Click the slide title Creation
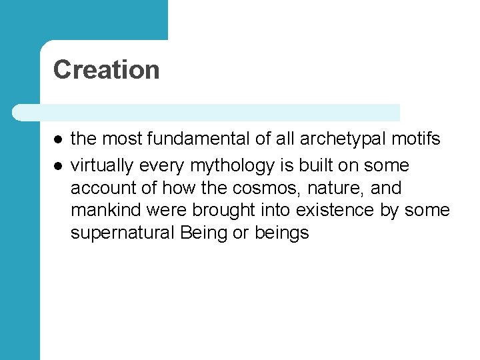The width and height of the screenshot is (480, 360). (x=106, y=69)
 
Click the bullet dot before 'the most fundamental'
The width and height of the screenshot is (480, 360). (x=58, y=139)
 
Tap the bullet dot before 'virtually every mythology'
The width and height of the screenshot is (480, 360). (x=58, y=165)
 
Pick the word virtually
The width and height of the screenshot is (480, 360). (x=101, y=165)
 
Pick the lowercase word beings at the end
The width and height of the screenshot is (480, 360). (x=282, y=233)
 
